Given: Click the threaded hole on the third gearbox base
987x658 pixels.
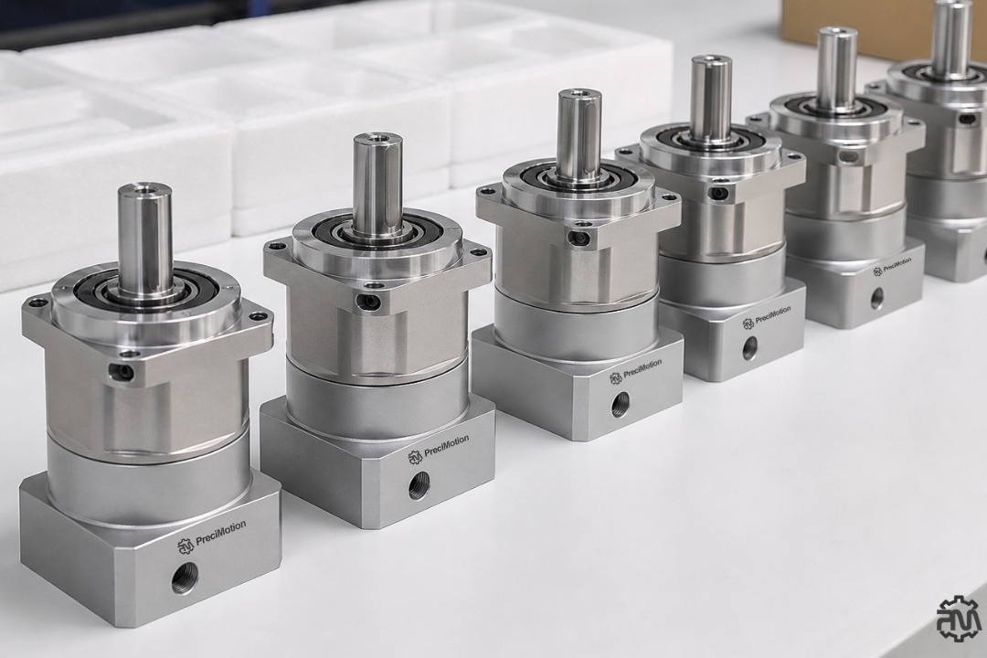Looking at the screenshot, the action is tap(621, 402).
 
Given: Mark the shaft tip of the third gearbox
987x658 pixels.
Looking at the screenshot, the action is tap(579, 96).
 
